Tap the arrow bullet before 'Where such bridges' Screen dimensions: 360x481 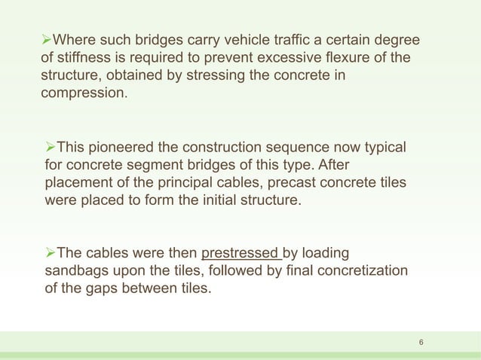pos(48,40)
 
